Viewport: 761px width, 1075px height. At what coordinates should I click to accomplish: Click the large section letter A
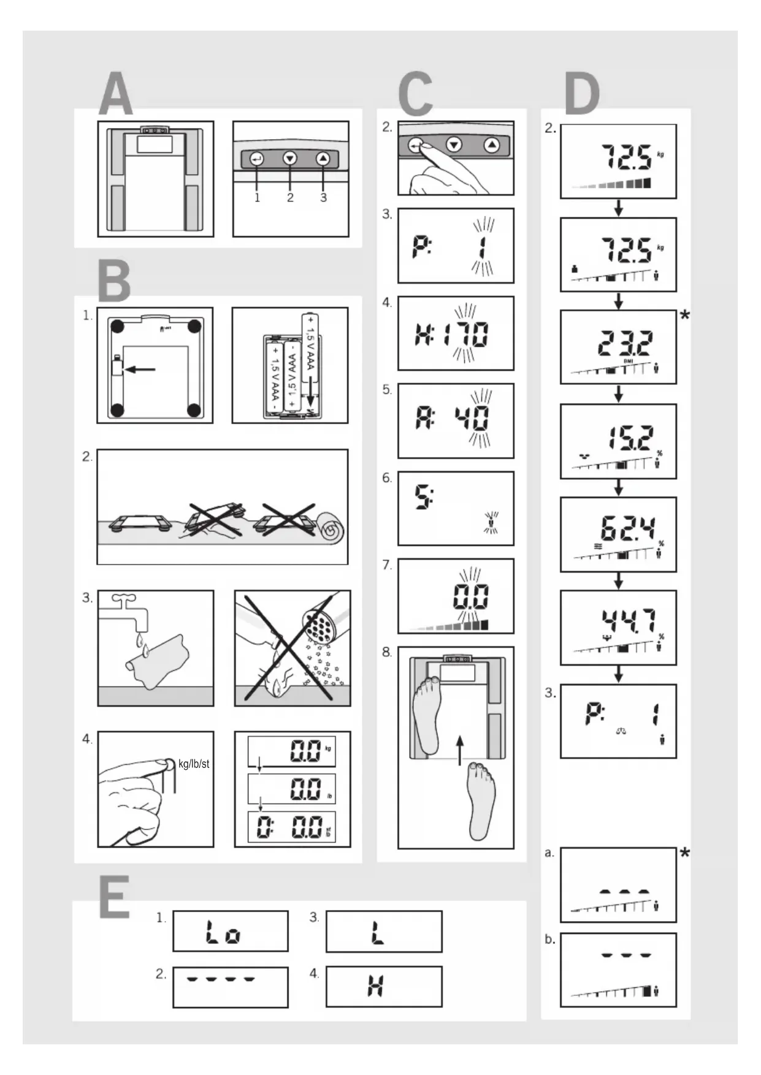116,94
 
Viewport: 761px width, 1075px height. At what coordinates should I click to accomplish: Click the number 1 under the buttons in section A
257,197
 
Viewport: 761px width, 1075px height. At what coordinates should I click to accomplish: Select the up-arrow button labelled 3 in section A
323,159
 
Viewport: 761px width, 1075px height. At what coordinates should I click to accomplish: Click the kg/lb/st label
194,764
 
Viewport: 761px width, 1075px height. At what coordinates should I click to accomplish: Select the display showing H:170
456,333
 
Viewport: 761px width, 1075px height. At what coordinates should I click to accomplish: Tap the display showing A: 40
456,421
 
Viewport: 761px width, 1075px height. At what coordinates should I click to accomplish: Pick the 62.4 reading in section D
627,528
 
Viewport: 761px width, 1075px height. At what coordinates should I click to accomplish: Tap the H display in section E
375,986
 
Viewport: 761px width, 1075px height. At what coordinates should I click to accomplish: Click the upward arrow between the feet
460,751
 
